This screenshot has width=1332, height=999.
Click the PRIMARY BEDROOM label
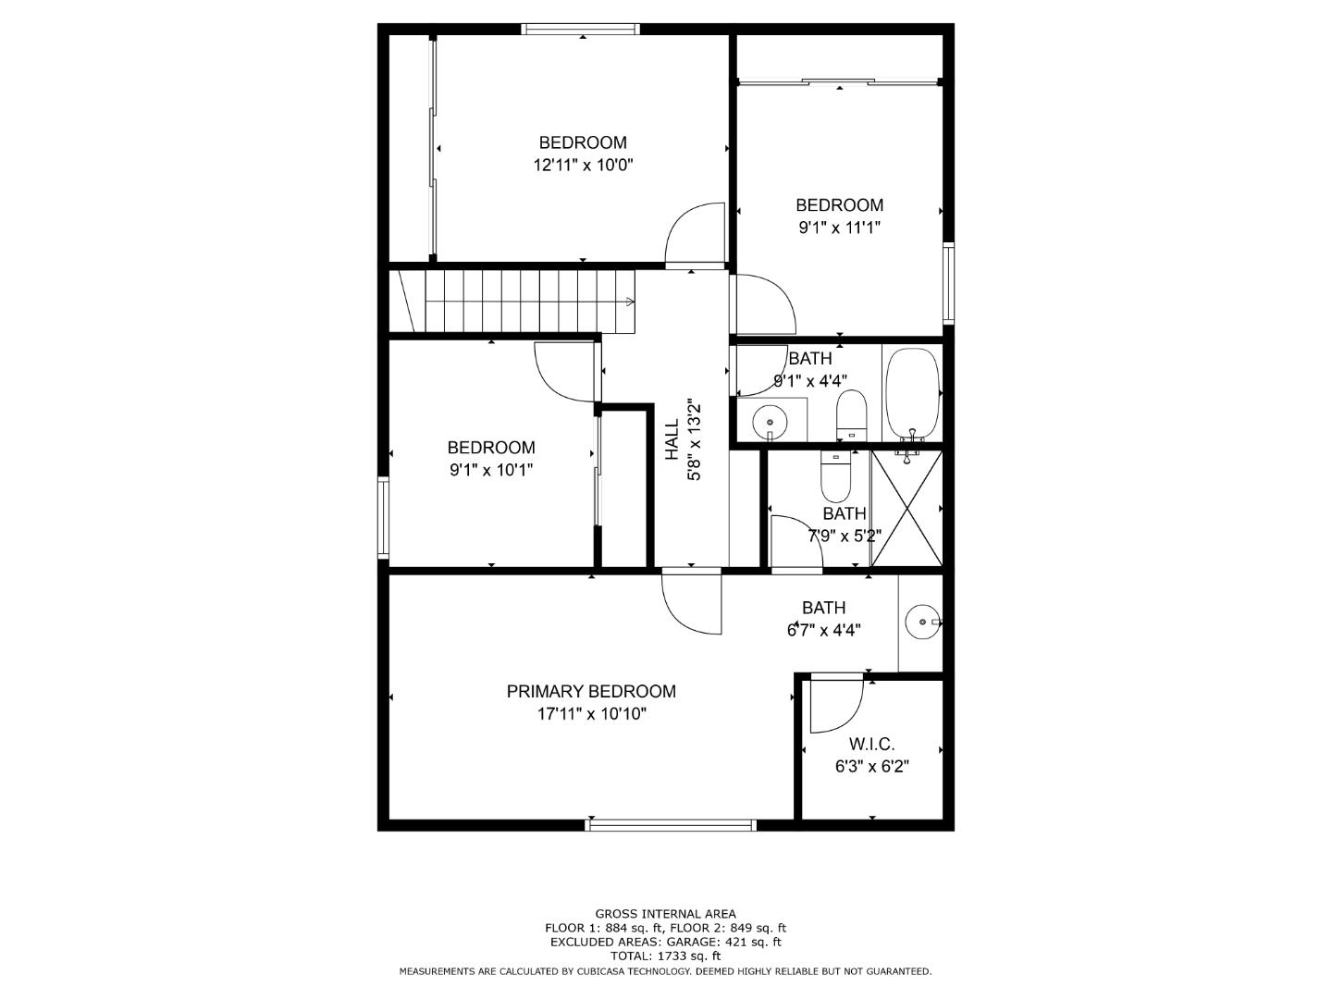pos(591,691)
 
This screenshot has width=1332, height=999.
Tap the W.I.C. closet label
pos(871,744)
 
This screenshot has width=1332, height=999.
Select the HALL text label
pos(672,439)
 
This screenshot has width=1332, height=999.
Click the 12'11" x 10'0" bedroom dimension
pos(583,165)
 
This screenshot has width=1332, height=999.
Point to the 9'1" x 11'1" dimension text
pos(839,228)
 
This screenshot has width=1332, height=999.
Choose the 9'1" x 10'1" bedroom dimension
pos(491,470)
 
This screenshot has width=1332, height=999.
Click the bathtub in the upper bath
pos(912,393)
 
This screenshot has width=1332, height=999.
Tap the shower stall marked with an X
pos(906,508)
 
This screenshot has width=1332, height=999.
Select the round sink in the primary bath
pos(923,623)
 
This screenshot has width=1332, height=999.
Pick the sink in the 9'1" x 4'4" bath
pos(770,420)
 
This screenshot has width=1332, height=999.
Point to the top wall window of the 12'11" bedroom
pos(581,29)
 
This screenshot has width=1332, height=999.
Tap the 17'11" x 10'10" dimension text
pos(592,714)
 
